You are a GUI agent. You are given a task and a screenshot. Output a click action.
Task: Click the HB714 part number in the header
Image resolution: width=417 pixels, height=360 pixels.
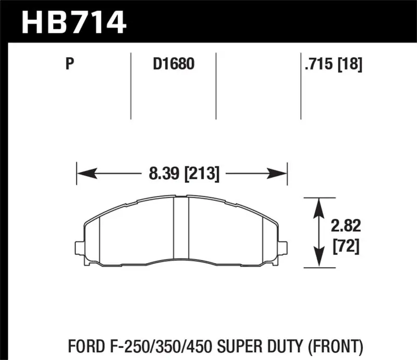pos(73,22)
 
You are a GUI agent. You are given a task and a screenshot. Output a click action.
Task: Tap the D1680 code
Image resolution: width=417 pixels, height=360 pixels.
pos(173,65)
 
